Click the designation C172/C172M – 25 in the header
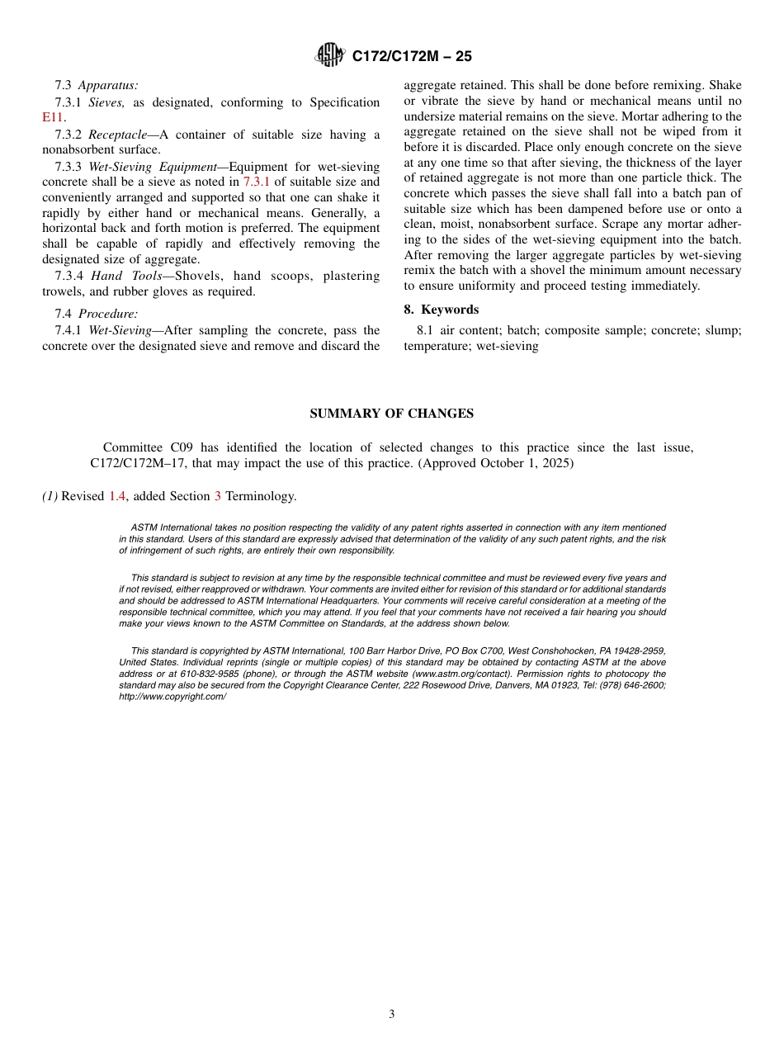click(412, 57)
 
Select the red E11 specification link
click(53, 118)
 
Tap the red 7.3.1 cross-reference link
click(256, 182)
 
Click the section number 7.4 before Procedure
click(64, 314)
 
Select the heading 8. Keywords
click(441, 310)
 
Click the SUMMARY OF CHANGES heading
click(391, 414)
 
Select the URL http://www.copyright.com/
click(172, 697)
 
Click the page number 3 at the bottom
click(392, 1015)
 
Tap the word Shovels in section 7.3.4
click(196, 276)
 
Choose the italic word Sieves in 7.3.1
click(106, 102)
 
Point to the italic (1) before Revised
click(50, 496)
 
